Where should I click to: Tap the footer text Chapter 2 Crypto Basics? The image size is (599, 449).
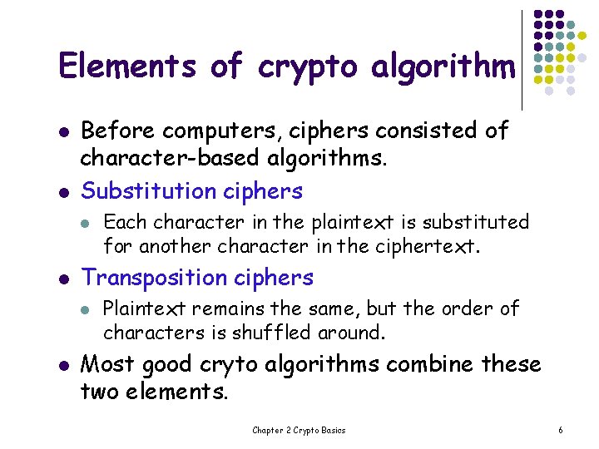299,430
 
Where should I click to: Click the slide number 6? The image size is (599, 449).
561,430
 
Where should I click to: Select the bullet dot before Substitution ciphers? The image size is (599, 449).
62,191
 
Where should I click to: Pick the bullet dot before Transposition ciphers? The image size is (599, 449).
62,278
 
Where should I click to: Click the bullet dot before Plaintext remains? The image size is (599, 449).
85,309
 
